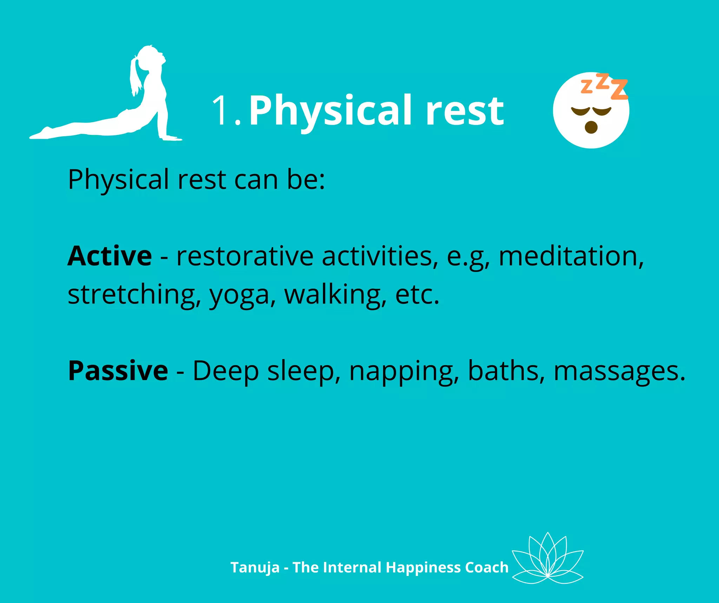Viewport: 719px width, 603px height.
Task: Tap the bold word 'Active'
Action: (110, 256)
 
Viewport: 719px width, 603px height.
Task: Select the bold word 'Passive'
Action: (118, 371)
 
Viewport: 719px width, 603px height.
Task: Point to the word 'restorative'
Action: (245, 256)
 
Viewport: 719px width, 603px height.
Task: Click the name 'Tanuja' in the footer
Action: (255, 568)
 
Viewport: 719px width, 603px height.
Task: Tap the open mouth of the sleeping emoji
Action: (591, 127)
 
